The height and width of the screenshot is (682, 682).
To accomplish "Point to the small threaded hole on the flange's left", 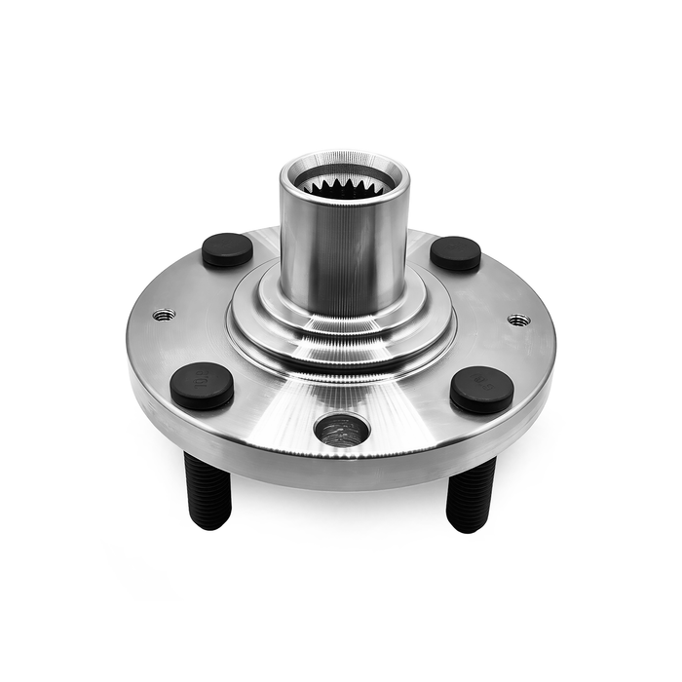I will click(164, 315).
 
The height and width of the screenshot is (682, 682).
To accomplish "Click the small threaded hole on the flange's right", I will click(519, 320).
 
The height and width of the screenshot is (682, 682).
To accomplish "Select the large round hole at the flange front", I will click(342, 429).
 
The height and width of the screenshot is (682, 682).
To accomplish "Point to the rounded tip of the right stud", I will click(470, 525).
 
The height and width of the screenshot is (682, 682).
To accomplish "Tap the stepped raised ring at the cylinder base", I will click(341, 336).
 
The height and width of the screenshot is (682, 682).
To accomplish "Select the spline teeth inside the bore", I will click(344, 185).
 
